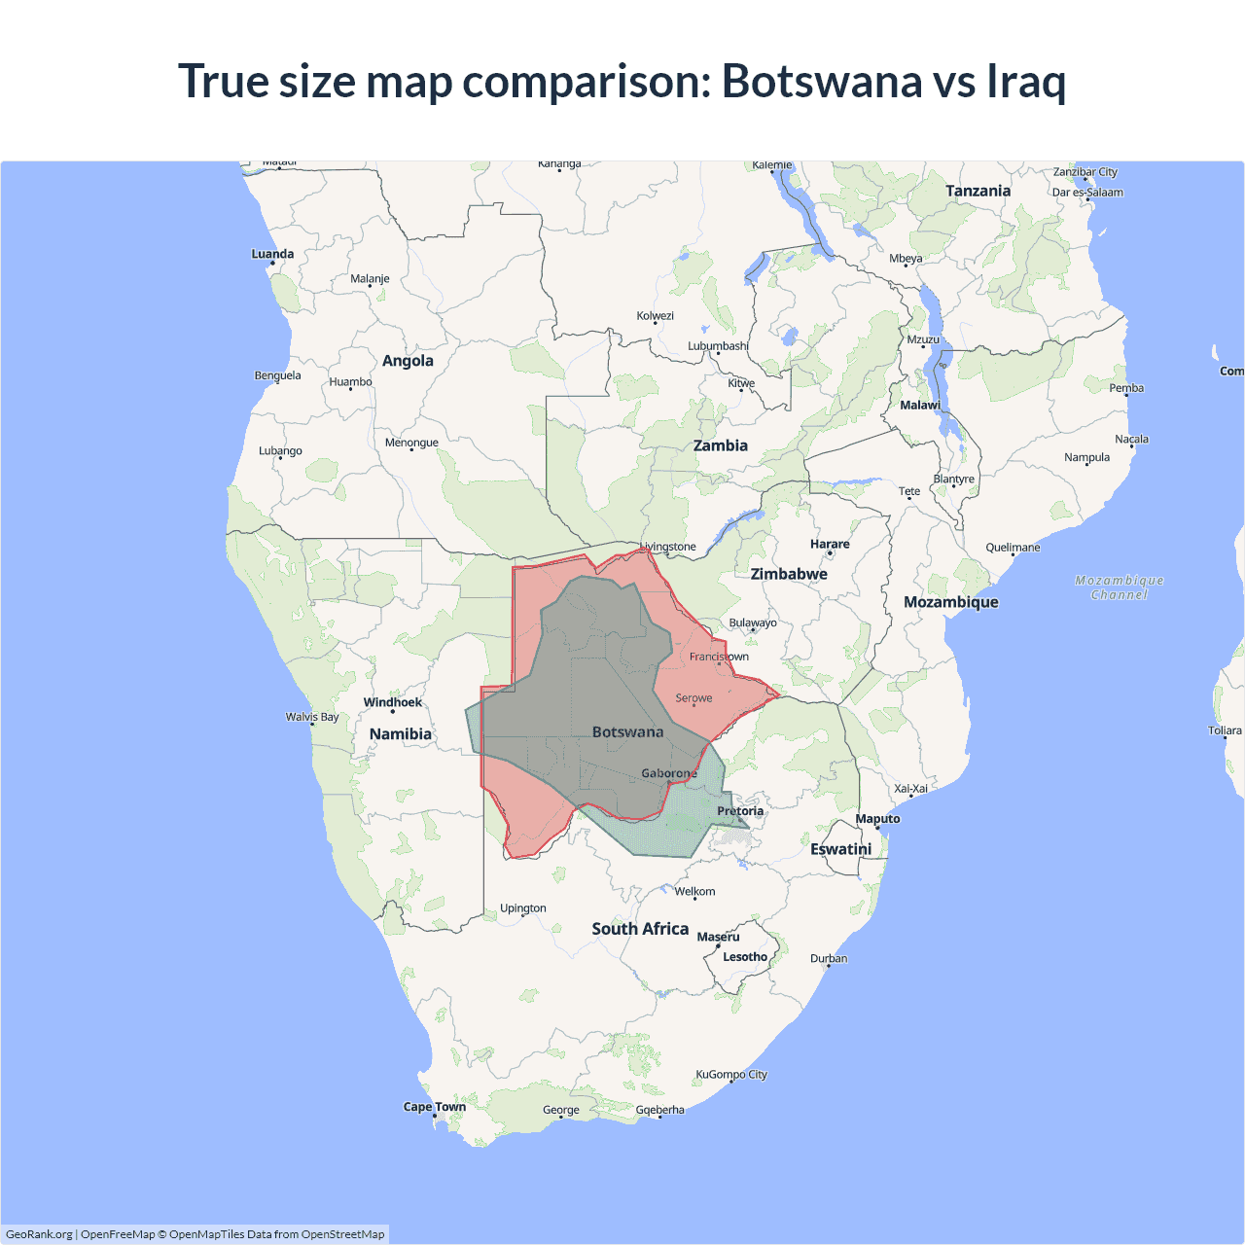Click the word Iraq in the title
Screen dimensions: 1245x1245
tap(1026, 81)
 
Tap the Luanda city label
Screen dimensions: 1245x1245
tap(272, 254)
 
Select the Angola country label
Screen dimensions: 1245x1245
tap(408, 361)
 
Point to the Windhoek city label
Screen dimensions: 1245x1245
tap(393, 702)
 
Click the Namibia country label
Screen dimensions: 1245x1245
tap(400, 734)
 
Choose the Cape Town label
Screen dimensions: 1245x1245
tap(435, 1107)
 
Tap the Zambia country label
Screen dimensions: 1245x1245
tap(720, 445)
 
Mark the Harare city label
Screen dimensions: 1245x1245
tap(830, 545)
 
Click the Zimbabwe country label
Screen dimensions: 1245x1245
tap(789, 574)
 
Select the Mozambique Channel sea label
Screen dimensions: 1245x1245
tap(1120, 587)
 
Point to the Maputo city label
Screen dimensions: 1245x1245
tap(877, 819)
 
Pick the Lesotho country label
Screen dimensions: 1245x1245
tap(745, 957)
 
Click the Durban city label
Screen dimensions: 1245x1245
tap(829, 958)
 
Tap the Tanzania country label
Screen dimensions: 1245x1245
tap(978, 192)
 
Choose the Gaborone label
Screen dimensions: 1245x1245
tap(669, 773)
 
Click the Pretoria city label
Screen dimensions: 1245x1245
tap(740, 811)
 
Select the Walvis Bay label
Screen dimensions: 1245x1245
tap(312, 717)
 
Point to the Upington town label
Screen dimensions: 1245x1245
tap(523, 908)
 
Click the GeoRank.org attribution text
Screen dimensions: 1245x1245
tap(39, 1234)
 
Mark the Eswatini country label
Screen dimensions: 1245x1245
tap(841, 849)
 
